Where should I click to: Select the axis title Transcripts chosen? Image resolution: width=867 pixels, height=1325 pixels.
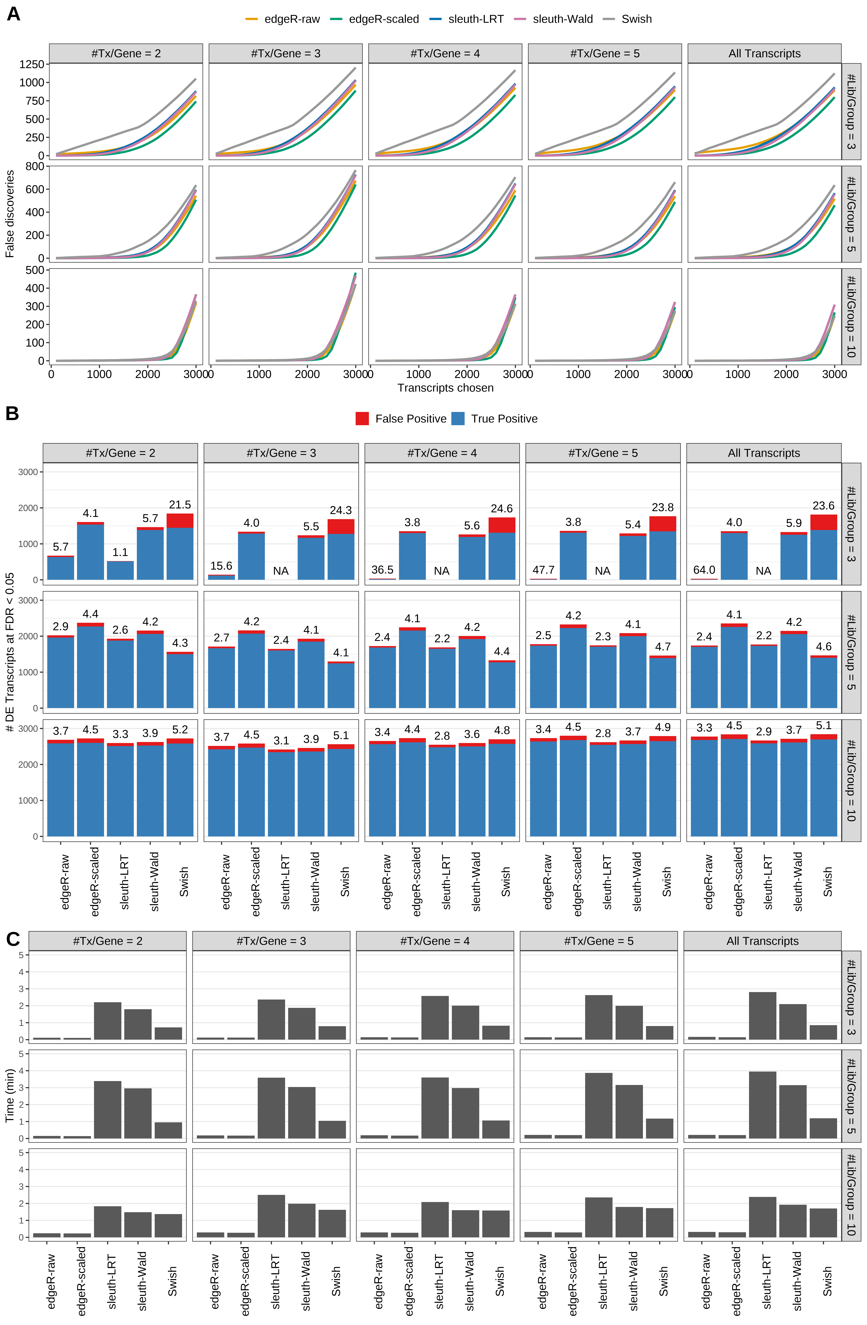[445, 388]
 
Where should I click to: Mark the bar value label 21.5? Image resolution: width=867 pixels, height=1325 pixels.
[180, 505]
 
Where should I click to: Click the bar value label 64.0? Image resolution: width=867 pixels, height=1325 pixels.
[704, 570]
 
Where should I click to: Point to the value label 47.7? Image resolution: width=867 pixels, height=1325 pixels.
[543, 570]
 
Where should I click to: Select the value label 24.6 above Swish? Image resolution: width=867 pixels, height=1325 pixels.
[502, 509]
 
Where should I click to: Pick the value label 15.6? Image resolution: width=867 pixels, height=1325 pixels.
[221, 566]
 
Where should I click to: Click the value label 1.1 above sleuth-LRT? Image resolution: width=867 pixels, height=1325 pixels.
[120, 552]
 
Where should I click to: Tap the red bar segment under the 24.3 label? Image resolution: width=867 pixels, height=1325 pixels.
[341, 527]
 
